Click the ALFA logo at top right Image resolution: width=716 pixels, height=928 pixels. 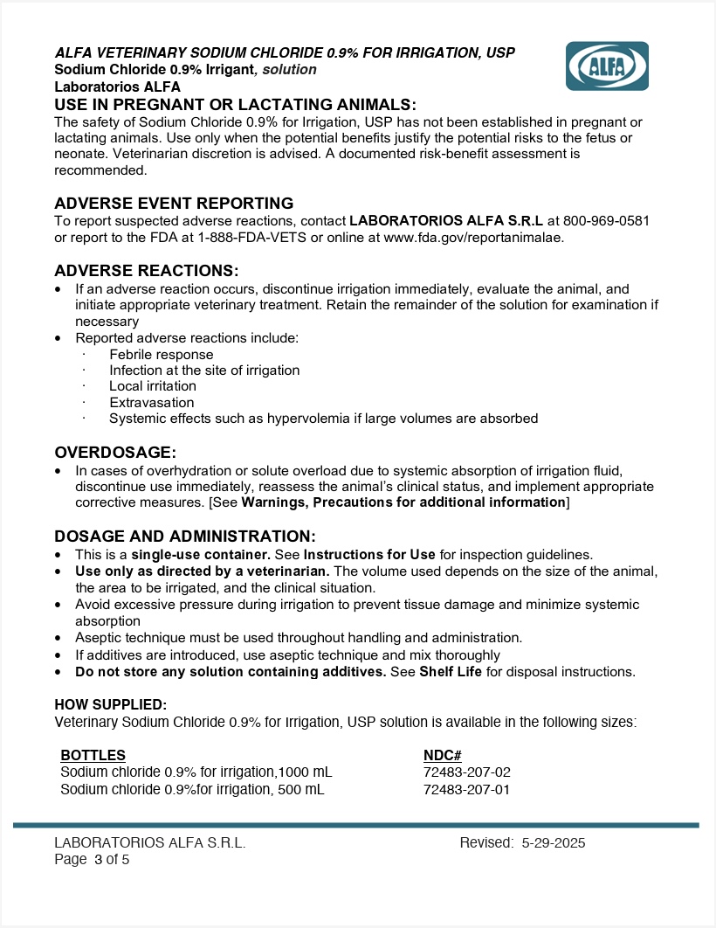pos(607,66)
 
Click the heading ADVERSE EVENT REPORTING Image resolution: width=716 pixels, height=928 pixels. pos(174,204)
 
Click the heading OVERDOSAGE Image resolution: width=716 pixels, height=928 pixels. pos(115,452)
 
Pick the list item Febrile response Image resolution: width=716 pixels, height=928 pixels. pos(162,354)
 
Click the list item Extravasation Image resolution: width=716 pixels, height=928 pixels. pos(152,402)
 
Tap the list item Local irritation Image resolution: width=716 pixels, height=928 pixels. pos(153,386)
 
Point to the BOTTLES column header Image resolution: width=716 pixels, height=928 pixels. pos(93,755)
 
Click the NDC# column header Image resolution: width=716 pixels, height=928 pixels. pos(442,755)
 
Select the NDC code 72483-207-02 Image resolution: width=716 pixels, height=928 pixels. pos(466,772)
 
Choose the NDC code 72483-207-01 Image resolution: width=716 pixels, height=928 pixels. pos(466,790)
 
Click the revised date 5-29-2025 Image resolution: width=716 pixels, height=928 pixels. pos(554,843)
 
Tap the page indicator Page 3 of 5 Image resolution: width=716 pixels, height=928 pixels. pos(92,859)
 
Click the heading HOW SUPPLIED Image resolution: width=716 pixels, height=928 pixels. pos(110,704)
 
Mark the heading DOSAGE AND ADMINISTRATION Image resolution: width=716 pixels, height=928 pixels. pos(185,536)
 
